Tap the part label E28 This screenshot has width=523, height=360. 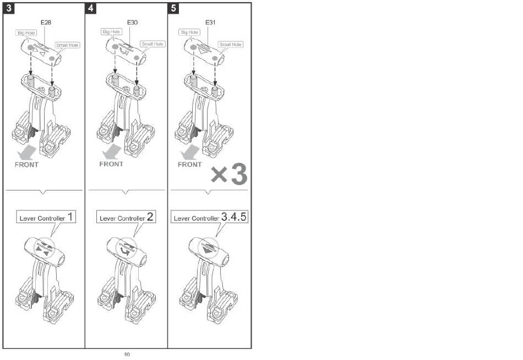pos(46,23)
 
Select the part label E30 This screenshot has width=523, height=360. pos(132,23)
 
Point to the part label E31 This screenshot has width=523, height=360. pos(210,23)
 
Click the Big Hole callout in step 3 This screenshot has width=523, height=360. pos(25,33)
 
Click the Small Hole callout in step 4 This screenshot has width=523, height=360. pos(152,43)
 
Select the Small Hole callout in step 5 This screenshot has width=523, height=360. pos(230,44)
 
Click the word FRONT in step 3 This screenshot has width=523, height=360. pos(26,165)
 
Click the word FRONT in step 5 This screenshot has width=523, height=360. pos(190,164)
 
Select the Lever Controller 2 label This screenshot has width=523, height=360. pos(126,217)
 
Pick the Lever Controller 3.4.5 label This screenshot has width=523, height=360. pos(210,217)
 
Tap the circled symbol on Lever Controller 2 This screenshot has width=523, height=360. pos(127,248)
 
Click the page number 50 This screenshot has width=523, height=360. pos(127,354)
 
